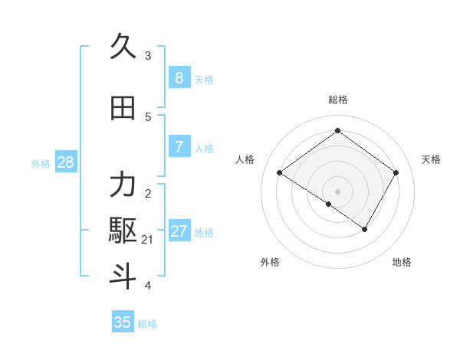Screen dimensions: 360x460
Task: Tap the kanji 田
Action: coord(123,108)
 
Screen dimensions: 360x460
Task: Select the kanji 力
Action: coord(123,185)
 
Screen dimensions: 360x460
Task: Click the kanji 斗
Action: coord(123,276)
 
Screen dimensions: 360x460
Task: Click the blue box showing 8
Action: coord(179,78)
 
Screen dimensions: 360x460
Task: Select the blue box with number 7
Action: coord(179,147)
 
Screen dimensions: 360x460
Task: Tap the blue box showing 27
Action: coord(179,231)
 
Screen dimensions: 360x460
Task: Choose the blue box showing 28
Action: coord(65,162)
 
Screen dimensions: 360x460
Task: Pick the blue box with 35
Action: coord(123,322)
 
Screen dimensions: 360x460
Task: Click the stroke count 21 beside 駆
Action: coord(147,240)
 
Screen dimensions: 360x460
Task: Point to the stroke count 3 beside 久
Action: coord(147,56)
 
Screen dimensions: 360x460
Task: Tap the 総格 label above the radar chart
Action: coord(337,100)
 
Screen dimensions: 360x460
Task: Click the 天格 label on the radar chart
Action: coord(431,159)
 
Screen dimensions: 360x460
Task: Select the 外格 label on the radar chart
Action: coord(270,262)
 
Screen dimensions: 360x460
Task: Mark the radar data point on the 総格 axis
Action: coord(337,130)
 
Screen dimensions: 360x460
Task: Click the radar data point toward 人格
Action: coord(279,173)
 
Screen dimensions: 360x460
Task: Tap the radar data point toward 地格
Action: coord(365,229)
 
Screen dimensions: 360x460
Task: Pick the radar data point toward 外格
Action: coord(329,204)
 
